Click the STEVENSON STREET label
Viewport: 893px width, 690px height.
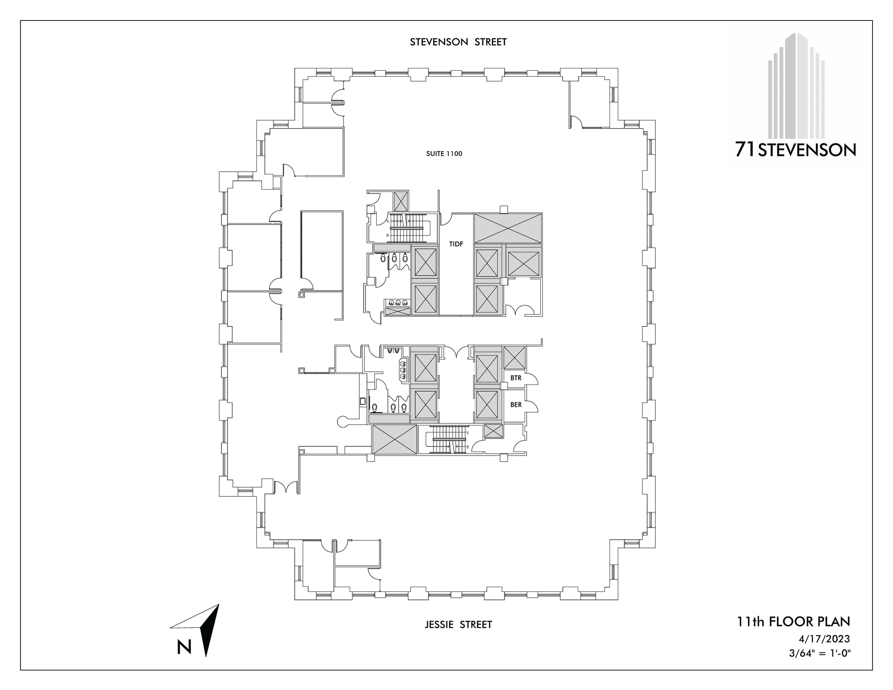pos(458,42)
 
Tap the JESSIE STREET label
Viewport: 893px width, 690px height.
pos(458,625)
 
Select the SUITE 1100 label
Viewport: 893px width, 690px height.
pos(444,154)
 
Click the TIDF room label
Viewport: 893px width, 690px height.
pos(456,245)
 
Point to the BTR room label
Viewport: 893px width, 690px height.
pos(516,378)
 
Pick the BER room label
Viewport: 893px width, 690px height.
pos(516,405)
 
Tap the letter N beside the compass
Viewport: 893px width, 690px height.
pos(184,647)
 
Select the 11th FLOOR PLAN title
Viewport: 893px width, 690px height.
pos(794,622)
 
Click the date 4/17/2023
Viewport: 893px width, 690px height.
pos(824,639)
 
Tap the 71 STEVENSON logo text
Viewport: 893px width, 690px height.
pos(795,150)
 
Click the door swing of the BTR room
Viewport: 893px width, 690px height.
pos(532,379)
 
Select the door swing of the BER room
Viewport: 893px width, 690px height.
pos(532,406)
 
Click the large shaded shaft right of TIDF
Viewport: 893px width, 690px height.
pos(508,228)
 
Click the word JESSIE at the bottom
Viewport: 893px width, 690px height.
pos(440,625)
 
